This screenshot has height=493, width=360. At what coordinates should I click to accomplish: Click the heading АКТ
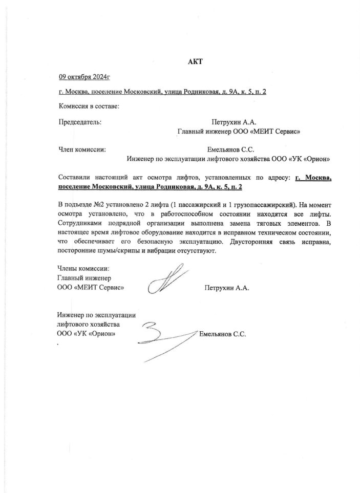196,62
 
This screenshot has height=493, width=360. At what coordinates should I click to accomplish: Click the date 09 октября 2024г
84,77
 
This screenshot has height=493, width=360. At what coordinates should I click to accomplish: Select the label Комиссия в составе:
89,106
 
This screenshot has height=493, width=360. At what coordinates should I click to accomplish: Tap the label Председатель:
80,122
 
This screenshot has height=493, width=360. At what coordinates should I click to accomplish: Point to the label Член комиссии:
82,150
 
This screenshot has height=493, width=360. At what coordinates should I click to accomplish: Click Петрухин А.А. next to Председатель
233,122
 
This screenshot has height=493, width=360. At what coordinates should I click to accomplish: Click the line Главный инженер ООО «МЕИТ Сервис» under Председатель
238,131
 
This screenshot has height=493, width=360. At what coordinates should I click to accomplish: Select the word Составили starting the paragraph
75,178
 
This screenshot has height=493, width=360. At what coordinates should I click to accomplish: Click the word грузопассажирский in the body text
266,205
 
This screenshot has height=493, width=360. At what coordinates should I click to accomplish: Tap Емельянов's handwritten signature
164,338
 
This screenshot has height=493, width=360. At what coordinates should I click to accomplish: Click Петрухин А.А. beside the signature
226,288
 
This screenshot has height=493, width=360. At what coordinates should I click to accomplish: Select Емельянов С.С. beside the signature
223,334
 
